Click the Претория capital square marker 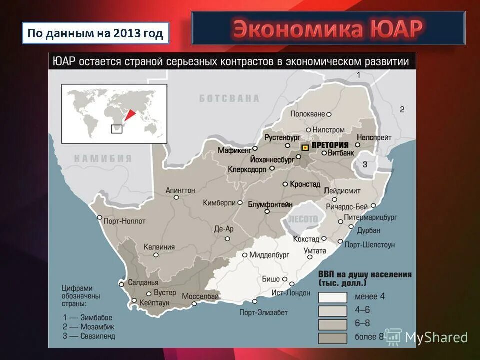(304, 147)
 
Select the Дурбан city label (368, 230)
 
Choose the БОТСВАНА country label (229, 98)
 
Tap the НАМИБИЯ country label (103, 159)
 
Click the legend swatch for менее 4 (332, 297)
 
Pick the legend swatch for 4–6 (332, 310)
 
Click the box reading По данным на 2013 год (95, 34)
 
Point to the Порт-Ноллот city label (125, 221)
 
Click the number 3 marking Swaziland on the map (365, 164)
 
